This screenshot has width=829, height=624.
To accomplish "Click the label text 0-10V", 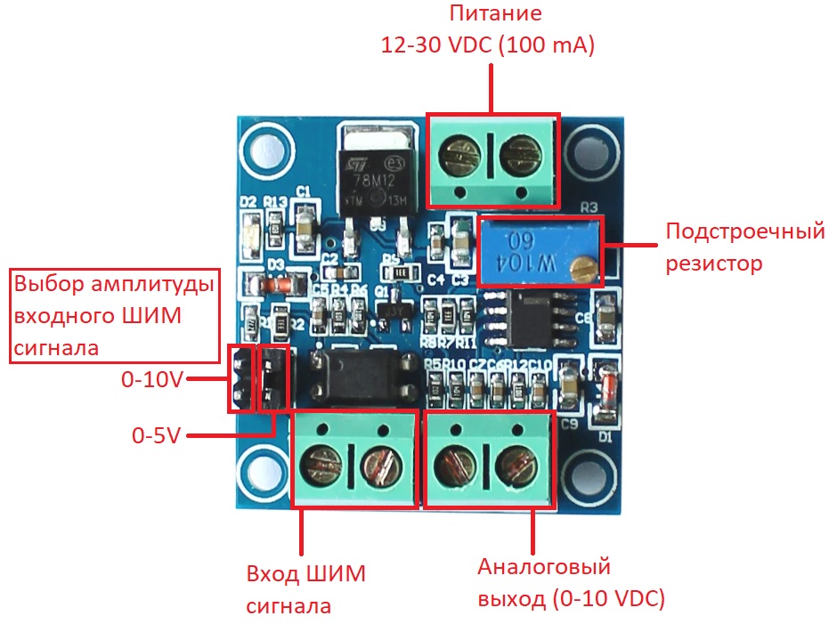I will [152, 381].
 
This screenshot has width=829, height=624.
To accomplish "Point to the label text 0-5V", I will [157, 436].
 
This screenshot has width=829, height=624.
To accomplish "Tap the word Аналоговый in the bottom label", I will [543, 568].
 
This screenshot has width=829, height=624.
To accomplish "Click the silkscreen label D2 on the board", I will [248, 203].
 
